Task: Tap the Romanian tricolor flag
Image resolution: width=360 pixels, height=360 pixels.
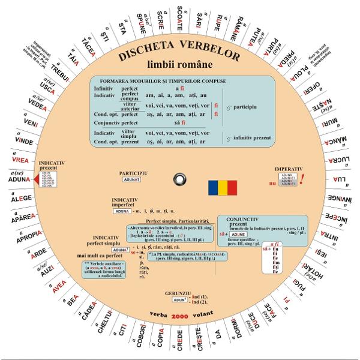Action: pos(223,187)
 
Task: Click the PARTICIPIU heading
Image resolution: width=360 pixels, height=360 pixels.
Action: pos(133,173)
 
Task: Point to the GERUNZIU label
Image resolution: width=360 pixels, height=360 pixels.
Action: pos(178,292)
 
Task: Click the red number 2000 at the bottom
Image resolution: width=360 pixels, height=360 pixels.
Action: pos(180,316)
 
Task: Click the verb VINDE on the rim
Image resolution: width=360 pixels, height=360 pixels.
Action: pos(24,142)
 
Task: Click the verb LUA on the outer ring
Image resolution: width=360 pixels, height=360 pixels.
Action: pos(340,180)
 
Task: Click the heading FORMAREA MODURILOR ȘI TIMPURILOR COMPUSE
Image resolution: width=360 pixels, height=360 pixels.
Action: pos(163,81)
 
